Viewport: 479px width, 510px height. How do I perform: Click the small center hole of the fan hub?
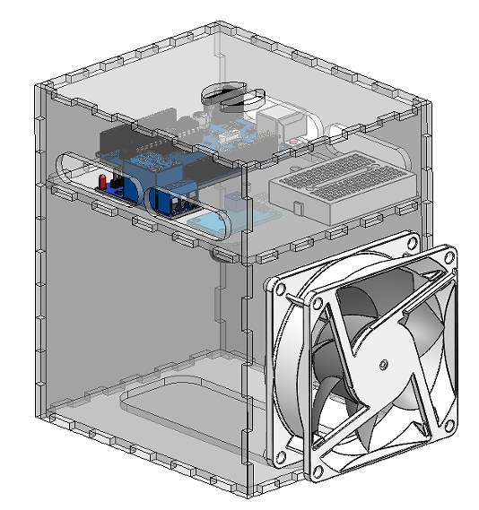point(383,365)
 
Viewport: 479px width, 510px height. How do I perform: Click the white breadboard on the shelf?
point(339,183)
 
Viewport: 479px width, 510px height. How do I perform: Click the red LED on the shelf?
point(105,182)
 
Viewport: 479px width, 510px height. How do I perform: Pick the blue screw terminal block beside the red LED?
point(123,189)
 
